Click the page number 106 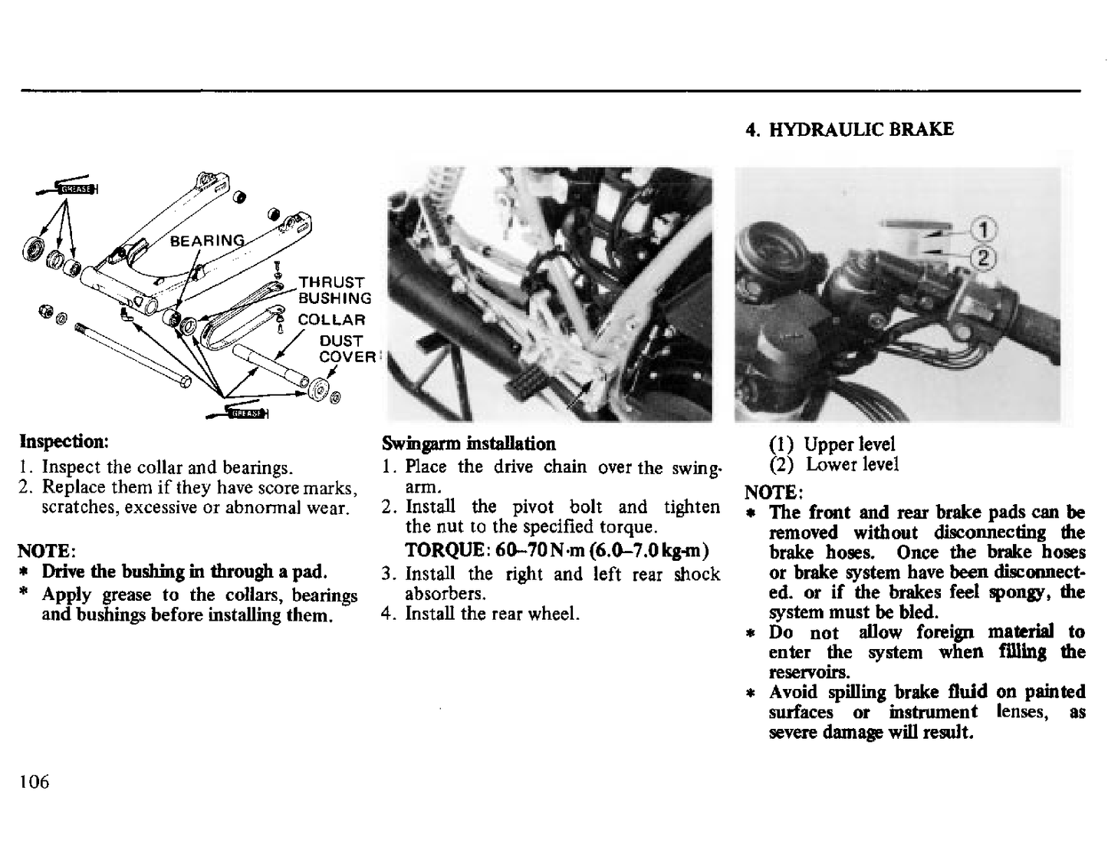[35, 781]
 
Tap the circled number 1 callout [985, 229]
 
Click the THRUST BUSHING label [334, 291]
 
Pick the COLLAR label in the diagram [331, 319]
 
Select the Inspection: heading [64, 442]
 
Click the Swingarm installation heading [469, 443]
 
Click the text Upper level [849, 444]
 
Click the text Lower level [851, 464]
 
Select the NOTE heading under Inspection [46, 551]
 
